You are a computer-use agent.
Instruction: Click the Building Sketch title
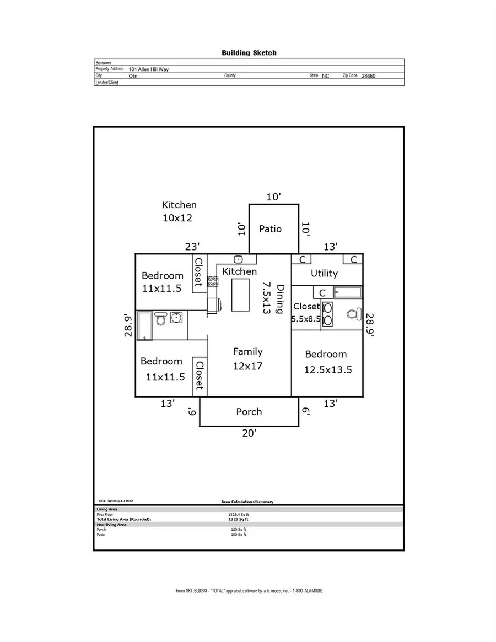249,53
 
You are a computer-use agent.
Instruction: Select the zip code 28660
369,76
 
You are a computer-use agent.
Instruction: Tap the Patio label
270,228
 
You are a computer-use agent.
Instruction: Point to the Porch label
249,412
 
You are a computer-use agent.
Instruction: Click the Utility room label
324,273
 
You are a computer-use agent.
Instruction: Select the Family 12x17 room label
247,358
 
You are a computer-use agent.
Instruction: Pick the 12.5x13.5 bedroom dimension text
328,370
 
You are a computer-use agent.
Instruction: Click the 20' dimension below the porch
249,433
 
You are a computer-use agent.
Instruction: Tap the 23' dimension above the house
191,247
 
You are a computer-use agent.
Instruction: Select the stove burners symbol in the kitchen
212,281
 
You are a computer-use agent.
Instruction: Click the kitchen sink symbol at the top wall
239,259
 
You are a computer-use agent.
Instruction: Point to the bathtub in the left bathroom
144,325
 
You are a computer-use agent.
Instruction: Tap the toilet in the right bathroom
352,314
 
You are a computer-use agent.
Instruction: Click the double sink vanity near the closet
327,314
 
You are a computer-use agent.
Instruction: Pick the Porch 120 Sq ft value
238,530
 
